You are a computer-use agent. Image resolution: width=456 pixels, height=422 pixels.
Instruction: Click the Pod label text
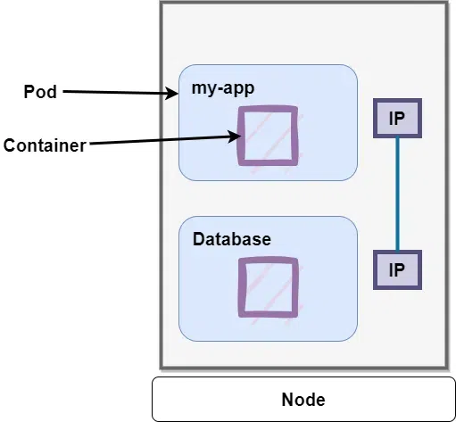coord(39,92)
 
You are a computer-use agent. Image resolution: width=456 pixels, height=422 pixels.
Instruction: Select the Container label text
coord(45,145)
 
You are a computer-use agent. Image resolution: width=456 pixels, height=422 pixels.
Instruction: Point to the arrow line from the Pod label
coord(116,92)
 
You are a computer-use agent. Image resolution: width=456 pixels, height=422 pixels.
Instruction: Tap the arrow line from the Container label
coord(161,141)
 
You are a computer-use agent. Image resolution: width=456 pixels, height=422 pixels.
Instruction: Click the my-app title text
coord(221,87)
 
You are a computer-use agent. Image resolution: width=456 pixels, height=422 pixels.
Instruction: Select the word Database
coord(231,240)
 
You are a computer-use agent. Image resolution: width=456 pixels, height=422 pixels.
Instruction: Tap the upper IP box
coord(397,116)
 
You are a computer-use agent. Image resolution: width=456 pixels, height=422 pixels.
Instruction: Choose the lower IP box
coord(397,269)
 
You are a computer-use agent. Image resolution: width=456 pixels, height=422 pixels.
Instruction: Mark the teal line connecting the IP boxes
coord(397,192)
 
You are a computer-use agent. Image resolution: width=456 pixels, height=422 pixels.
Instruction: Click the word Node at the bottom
coord(303,399)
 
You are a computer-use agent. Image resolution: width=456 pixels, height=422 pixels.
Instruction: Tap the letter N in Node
coord(286,399)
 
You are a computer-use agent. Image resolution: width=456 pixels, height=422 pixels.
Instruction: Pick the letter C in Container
coord(9,145)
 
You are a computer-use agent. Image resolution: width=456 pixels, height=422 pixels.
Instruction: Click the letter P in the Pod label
coord(28,92)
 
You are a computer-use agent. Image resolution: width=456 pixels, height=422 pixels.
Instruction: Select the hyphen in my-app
coord(219,88)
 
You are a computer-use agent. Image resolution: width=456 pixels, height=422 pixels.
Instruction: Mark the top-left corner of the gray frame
coord(162,4)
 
